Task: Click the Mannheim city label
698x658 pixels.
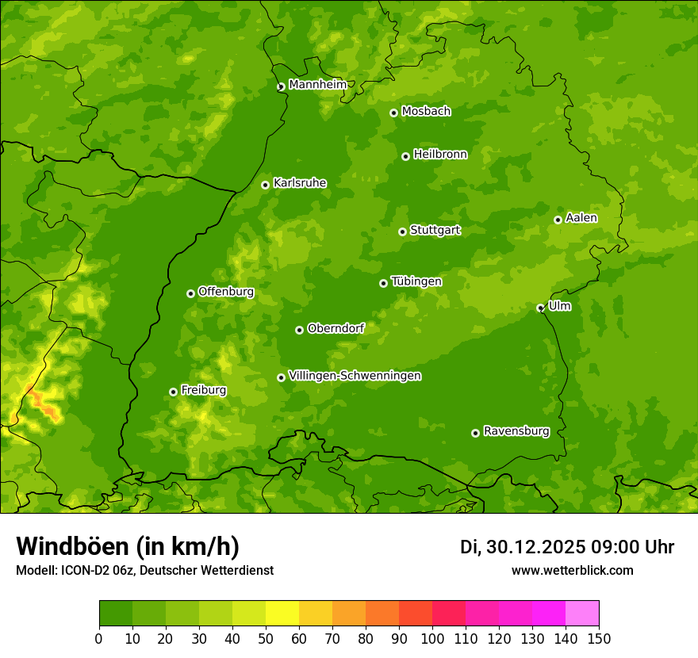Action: click(x=317, y=85)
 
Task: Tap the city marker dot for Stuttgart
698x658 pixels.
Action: click(x=402, y=231)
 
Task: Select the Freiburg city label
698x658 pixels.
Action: click(x=203, y=390)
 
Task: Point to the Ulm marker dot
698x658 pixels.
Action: click(x=540, y=308)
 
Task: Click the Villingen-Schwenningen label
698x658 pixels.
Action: click(x=355, y=376)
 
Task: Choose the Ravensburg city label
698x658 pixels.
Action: click(x=516, y=431)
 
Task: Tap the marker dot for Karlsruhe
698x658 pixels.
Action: click(x=265, y=185)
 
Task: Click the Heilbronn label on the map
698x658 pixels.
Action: click(x=440, y=155)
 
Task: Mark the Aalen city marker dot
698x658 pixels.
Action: click(x=558, y=220)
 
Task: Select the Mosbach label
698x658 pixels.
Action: click(x=426, y=112)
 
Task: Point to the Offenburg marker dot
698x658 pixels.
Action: click(x=190, y=293)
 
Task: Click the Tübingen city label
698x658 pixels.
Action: click(x=416, y=281)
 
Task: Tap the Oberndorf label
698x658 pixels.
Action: click(x=336, y=328)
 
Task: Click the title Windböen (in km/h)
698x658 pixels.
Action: click(x=128, y=546)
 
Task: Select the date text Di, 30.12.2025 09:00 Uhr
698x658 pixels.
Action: click(x=567, y=547)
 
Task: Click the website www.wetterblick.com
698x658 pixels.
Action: click(x=572, y=570)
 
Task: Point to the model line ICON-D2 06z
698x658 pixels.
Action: click(x=144, y=570)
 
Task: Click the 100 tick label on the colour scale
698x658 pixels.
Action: click(x=432, y=637)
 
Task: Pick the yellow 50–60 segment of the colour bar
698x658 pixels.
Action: click(x=282, y=613)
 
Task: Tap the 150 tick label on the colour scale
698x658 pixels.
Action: click(x=599, y=637)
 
